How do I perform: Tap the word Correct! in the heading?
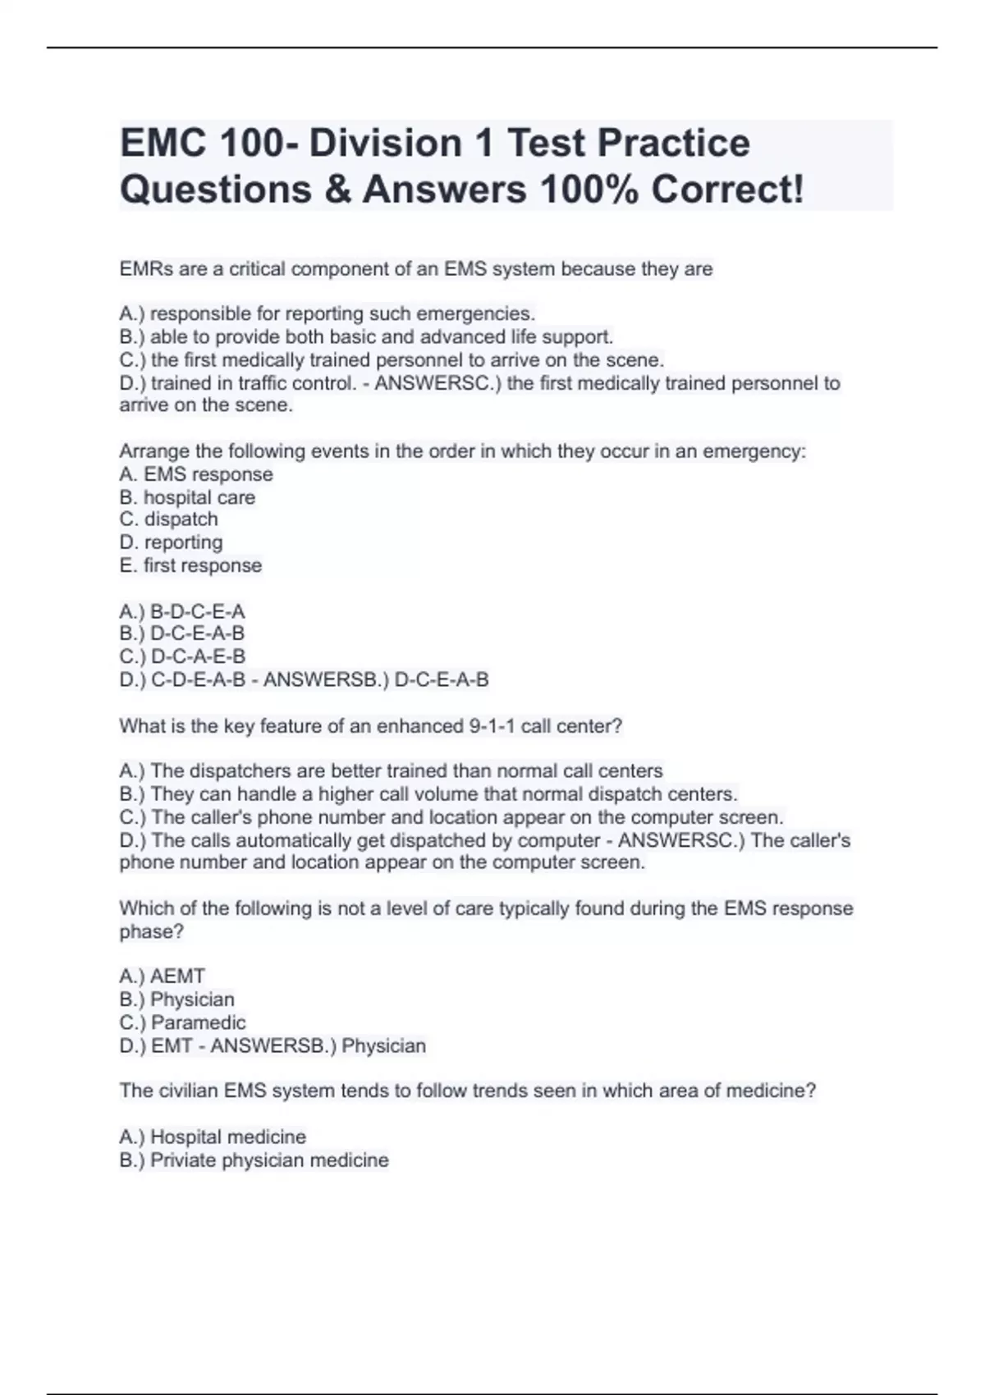point(727,190)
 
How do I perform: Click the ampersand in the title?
point(337,190)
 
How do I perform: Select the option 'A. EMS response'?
point(196,474)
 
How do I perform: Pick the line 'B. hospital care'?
point(187,497)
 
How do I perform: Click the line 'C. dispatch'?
point(169,519)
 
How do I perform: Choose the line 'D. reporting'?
point(171,542)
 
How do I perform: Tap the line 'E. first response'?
point(190,565)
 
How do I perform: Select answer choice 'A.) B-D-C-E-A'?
point(182,611)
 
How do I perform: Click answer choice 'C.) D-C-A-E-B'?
point(182,656)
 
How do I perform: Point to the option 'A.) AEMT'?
point(163,976)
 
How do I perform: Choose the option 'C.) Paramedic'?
point(182,1022)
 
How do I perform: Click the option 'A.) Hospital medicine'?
point(213,1137)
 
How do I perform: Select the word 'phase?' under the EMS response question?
point(151,931)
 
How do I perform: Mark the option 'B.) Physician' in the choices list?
point(177,999)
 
